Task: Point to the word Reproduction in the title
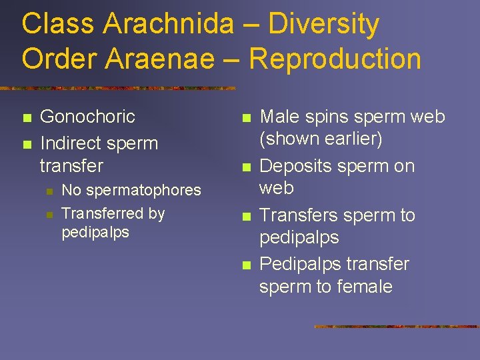tap(335, 59)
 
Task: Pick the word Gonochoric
tap(87, 117)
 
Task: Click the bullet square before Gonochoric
tap(26, 118)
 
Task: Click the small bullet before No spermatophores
tap(49, 191)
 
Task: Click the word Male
tap(279, 117)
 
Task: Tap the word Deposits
tap(293, 166)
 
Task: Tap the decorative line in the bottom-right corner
tap(396, 327)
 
